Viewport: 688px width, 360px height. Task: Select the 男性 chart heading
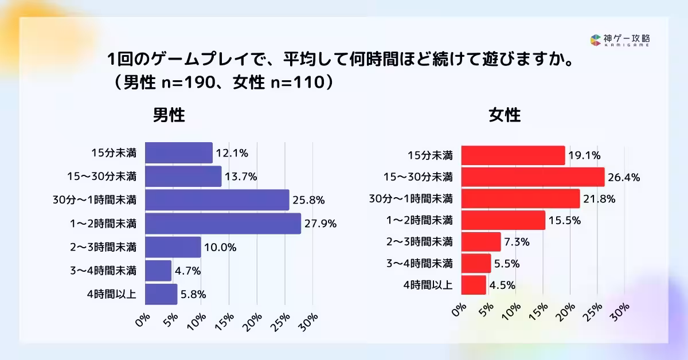169,116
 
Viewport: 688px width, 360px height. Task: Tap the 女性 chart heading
505,116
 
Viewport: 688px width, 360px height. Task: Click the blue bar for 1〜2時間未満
223,224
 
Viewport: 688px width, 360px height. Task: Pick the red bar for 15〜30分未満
533,177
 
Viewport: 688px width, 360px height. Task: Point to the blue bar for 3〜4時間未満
158,271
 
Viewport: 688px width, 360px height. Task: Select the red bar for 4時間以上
474,285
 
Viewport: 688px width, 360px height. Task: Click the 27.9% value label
321,224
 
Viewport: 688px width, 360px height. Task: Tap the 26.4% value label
624,177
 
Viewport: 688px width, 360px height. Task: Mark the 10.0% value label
220,248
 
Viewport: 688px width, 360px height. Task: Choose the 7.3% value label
517,242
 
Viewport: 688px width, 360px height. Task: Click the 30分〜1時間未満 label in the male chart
94,200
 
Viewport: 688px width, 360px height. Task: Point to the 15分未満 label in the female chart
430,155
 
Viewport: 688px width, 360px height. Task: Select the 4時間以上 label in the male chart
112,294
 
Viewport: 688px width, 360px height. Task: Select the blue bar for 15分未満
179,153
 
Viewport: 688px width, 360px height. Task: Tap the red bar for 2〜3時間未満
481,242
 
